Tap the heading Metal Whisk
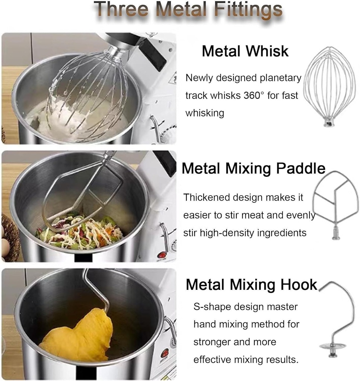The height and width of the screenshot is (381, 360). tap(245, 51)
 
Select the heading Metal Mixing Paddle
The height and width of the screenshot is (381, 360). tap(253, 169)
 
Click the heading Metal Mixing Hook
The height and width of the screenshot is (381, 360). tap(251, 285)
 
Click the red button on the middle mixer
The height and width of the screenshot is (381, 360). tap(162, 255)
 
